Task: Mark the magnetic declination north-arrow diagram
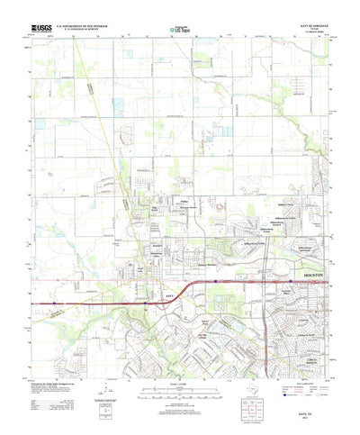point(107,394)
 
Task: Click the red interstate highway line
point(108,304)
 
